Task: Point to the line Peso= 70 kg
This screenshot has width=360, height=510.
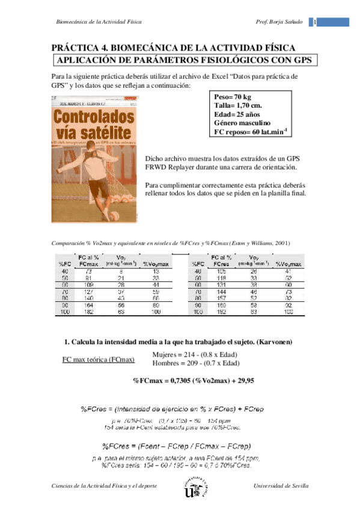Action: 233,96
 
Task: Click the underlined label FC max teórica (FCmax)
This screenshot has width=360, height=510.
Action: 99,360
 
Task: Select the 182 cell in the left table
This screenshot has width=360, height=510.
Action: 88,313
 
